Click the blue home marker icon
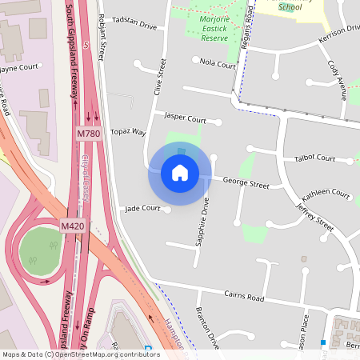tap(180, 173)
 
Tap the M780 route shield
tap(89, 134)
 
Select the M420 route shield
tap(73, 227)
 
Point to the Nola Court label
tap(218, 62)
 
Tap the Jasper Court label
tap(185, 118)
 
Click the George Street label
tap(246, 183)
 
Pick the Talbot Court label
tap(315, 158)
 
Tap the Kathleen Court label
tap(326, 195)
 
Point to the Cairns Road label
tap(244, 297)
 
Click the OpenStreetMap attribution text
tap(81, 354)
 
